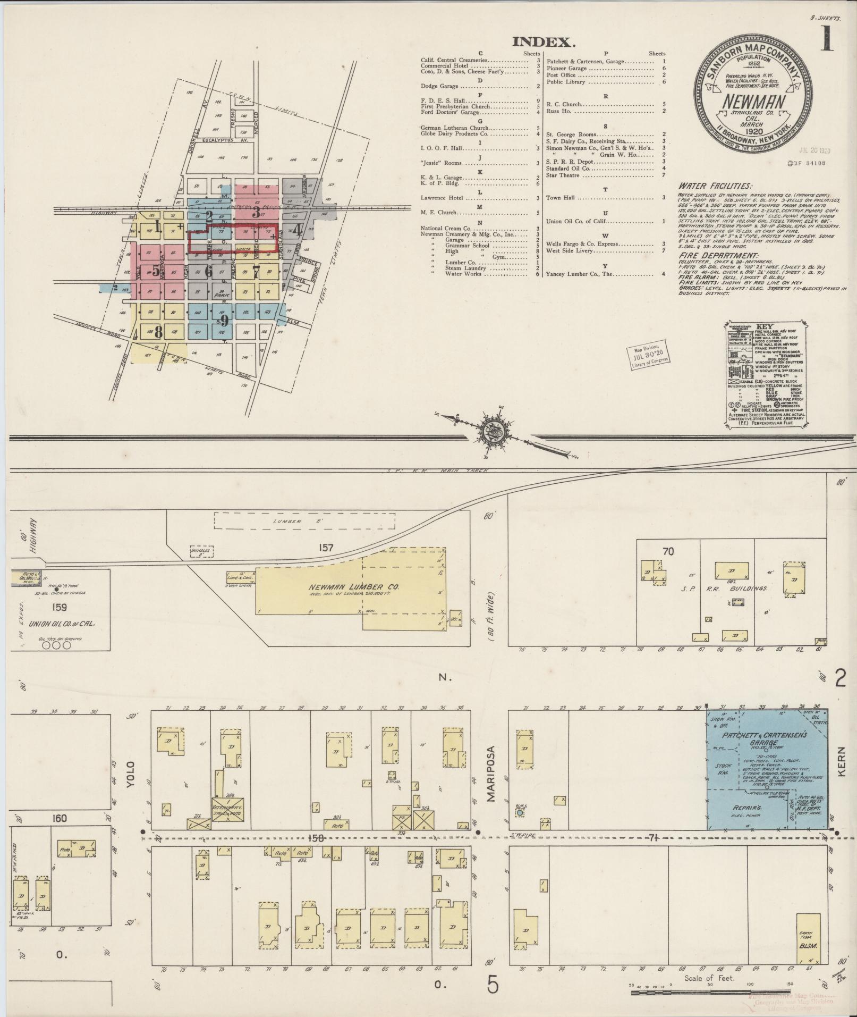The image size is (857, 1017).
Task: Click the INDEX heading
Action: [544, 43]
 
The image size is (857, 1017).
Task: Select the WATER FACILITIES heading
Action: [715, 187]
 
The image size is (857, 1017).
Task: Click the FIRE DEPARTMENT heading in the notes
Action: [712, 256]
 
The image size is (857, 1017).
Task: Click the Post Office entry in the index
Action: [562, 75]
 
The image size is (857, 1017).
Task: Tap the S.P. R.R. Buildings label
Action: [723, 589]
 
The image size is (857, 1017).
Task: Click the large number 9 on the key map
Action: [224, 320]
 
